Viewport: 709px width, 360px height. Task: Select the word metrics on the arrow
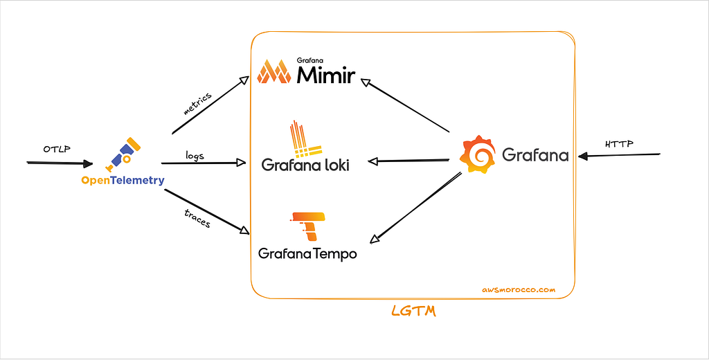197,102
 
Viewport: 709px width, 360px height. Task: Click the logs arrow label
195,155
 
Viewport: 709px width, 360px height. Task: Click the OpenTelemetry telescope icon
123,155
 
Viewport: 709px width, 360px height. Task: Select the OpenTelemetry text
123,181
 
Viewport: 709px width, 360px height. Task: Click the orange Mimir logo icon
273,72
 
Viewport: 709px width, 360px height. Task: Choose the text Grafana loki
305,165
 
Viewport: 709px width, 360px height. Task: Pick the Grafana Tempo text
307,254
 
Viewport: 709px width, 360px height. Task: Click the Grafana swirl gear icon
478,154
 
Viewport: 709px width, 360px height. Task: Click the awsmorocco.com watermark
518,291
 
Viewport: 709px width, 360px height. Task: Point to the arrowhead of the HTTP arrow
584,156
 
